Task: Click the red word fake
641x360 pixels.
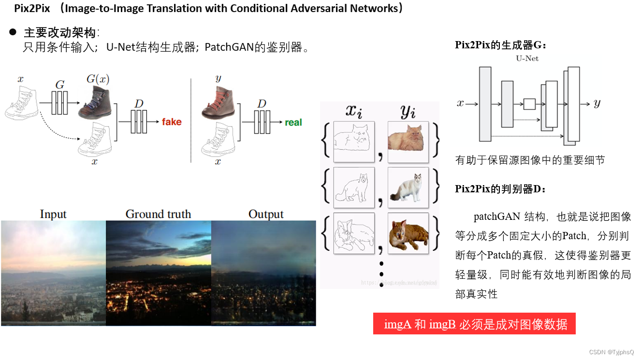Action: click(172, 122)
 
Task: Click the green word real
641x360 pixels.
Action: click(293, 122)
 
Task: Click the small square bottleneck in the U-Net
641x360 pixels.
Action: click(529, 104)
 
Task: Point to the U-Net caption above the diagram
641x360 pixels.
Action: click(527, 58)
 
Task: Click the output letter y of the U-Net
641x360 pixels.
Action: click(597, 103)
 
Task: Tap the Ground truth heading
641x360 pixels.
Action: click(158, 214)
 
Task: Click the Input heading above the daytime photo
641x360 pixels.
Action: click(53, 214)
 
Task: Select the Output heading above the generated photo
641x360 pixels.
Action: click(266, 214)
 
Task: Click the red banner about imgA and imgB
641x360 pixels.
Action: click(474, 324)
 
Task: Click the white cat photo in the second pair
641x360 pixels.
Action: click(408, 187)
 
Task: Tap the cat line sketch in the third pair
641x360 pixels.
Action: click(354, 233)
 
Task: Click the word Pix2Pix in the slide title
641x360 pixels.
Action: click(32, 8)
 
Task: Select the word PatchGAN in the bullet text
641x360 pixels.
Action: click(229, 47)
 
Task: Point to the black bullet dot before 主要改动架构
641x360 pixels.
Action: click(13, 32)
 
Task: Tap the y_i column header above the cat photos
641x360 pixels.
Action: click(408, 112)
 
